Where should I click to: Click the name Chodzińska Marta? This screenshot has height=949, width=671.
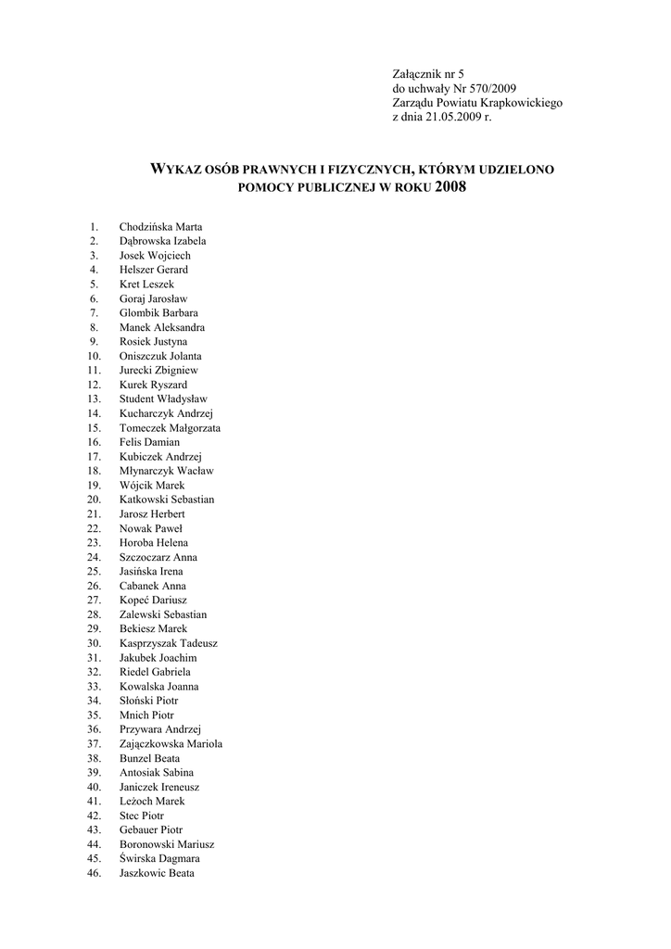click(160, 227)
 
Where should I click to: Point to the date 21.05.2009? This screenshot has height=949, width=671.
click(451, 118)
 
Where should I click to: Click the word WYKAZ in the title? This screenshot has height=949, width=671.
click(182, 170)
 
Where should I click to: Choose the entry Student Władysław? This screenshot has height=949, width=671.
click(163, 399)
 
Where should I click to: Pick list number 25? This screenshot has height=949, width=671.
click(94, 572)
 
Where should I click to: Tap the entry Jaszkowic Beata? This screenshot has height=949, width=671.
click(157, 873)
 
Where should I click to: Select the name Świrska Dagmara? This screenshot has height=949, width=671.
click(159, 859)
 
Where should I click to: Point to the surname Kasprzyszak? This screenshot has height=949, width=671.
click(149, 643)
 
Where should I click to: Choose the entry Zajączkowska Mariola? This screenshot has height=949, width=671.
click(171, 744)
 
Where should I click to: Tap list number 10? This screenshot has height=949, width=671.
click(94, 356)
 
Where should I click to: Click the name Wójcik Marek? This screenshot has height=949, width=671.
click(152, 486)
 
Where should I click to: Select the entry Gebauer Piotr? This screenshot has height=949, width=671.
click(151, 830)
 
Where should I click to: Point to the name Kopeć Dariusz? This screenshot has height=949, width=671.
click(153, 601)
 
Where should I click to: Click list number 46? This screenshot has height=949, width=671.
click(94, 873)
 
